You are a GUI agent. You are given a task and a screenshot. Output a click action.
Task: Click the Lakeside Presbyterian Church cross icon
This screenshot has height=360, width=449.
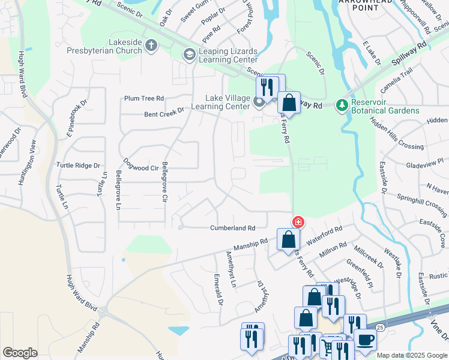(x=151, y=45)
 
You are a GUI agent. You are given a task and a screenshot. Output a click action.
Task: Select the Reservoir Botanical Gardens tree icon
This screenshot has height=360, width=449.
(x=342, y=106)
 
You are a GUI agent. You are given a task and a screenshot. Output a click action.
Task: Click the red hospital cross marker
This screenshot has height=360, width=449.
(x=298, y=223)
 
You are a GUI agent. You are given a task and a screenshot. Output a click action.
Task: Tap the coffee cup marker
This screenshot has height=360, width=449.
(x=365, y=340)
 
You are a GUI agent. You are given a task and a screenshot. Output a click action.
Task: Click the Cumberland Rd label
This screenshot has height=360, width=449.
(x=233, y=228)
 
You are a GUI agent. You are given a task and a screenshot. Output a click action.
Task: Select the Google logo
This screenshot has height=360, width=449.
(x=20, y=353)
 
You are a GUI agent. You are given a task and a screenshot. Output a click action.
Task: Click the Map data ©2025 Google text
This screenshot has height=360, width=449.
(x=412, y=355)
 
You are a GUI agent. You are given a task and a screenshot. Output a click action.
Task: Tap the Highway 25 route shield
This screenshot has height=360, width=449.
(x=379, y=327)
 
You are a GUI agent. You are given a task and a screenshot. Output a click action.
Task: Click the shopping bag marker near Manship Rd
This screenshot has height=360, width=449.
(x=289, y=239)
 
